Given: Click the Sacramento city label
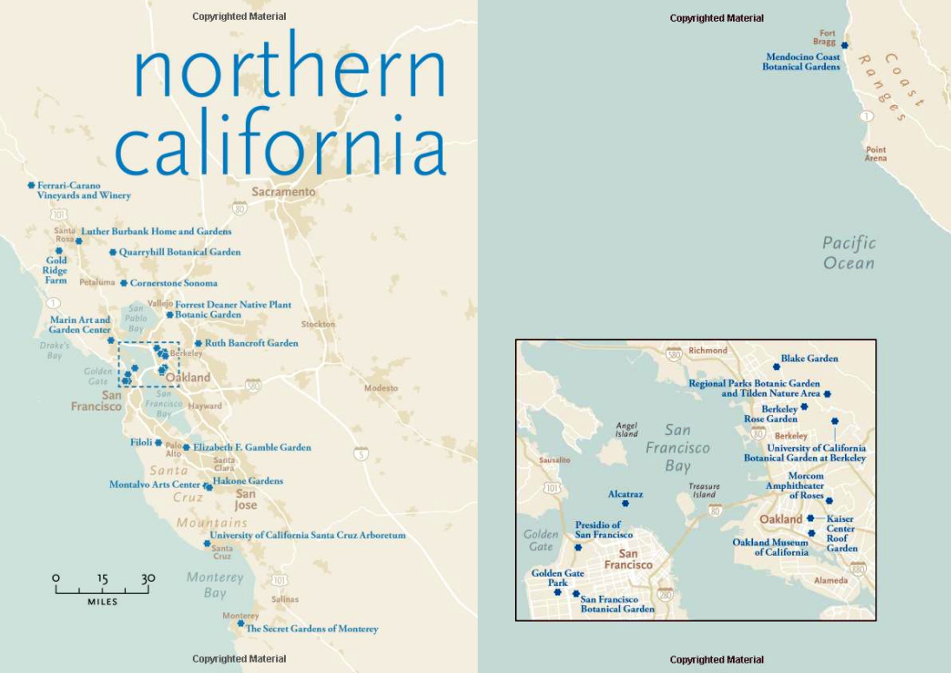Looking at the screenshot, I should click(x=284, y=192).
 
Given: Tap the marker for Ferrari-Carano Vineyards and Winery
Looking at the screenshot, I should click(x=31, y=185).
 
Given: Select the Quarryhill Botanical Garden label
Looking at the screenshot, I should click(x=180, y=252).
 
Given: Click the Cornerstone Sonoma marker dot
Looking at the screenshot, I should click(x=123, y=283).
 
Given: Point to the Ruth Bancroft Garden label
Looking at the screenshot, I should click(x=251, y=343).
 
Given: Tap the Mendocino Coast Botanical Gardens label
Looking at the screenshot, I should click(x=802, y=62).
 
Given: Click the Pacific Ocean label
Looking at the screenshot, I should click(x=849, y=253).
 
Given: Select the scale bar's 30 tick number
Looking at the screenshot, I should click(x=148, y=578).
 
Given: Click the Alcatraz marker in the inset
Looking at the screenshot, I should click(x=625, y=504).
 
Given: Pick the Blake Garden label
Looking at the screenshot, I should click(x=809, y=358).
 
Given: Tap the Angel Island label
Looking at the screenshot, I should click(x=626, y=429).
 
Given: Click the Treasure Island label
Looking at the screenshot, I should click(x=704, y=491).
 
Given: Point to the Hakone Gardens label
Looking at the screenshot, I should click(x=248, y=481).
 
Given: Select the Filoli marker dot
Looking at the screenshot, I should click(x=158, y=442).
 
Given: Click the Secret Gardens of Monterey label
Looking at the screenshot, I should click(x=312, y=629).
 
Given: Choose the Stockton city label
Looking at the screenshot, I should click(x=318, y=324).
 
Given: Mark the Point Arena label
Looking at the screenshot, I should click(x=875, y=154).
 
